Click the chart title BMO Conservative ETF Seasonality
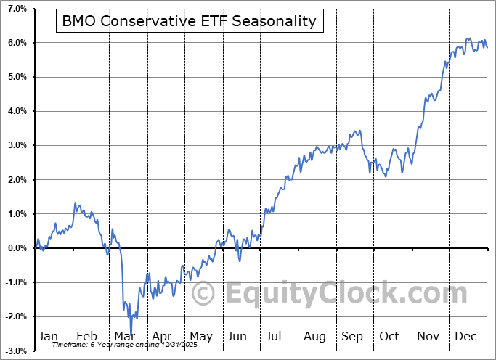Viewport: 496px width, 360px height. pos(189,21)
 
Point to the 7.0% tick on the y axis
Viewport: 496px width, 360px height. pos(17,9)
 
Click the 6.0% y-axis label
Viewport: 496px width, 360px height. pos(17,43)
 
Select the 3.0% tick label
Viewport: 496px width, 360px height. pos(17,145)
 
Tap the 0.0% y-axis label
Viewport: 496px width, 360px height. pos(17,248)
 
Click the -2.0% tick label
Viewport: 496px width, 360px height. pos(15,316)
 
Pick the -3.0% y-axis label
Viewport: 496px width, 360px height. pos(15,351)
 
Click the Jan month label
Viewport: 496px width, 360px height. pos(47,337)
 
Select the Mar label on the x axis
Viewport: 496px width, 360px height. pos(125,337)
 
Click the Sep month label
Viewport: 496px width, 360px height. pos(352,337)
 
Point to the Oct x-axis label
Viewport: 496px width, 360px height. pos(390,337)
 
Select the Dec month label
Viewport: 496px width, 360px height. pos(465,337)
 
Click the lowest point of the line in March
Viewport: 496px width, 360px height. pos(131,335)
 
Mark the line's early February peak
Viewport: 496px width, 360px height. pos(74,202)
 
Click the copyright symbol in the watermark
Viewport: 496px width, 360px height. pos(203,294)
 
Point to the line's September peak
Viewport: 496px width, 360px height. pos(358,131)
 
